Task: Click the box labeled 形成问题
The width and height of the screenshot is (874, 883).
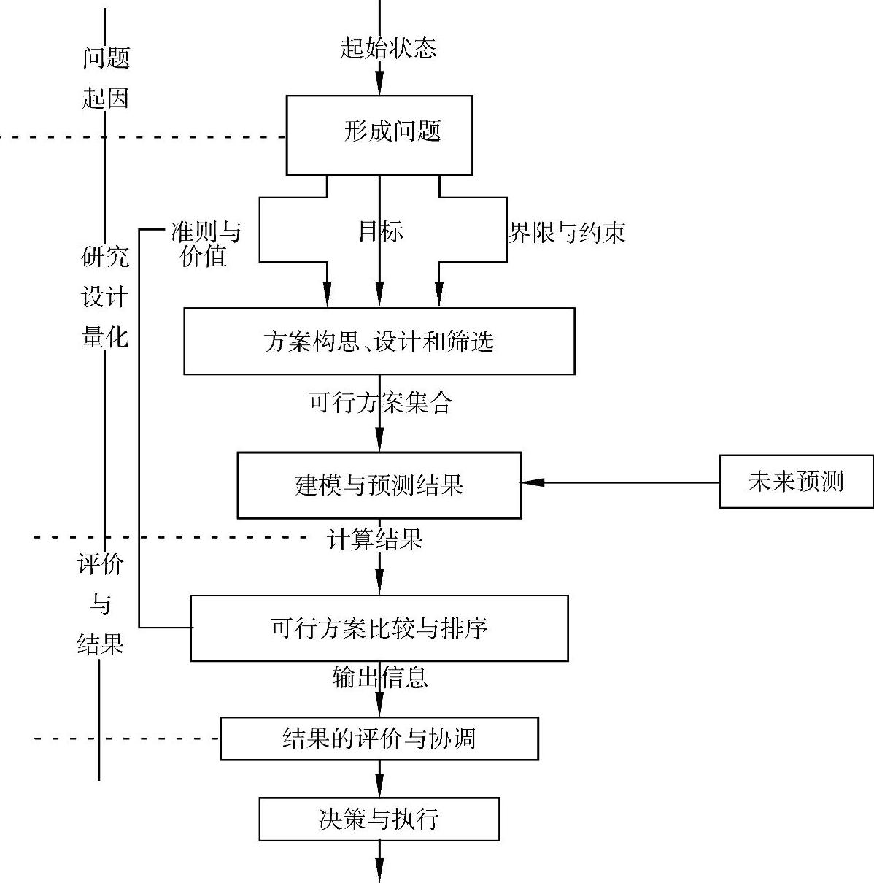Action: tap(379, 135)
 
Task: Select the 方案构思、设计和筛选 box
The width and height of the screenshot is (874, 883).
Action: tap(379, 341)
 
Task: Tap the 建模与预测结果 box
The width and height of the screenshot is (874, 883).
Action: tap(379, 485)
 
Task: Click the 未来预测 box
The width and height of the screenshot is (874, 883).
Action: tap(796, 481)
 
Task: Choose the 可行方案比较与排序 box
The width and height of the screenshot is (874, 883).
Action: tap(379, 628)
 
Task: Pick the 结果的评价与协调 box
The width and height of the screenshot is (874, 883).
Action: tap(379, 739)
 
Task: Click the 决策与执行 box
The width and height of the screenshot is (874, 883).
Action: tap(379, 819)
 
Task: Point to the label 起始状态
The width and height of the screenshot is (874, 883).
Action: tap(388, 49)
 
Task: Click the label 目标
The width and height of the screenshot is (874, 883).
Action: tap(380, 232)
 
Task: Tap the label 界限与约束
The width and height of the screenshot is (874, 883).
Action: tap(567, 233)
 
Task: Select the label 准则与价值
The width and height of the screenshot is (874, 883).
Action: tap(205, 244)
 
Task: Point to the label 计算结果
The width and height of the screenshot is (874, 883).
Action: tap(375, 540)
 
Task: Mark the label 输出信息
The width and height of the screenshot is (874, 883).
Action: tap(379, 677)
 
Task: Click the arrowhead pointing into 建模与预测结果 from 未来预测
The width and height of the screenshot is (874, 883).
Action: tap(531, 482)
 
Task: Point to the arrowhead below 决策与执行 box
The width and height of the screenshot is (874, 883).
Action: tap(379, 873)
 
